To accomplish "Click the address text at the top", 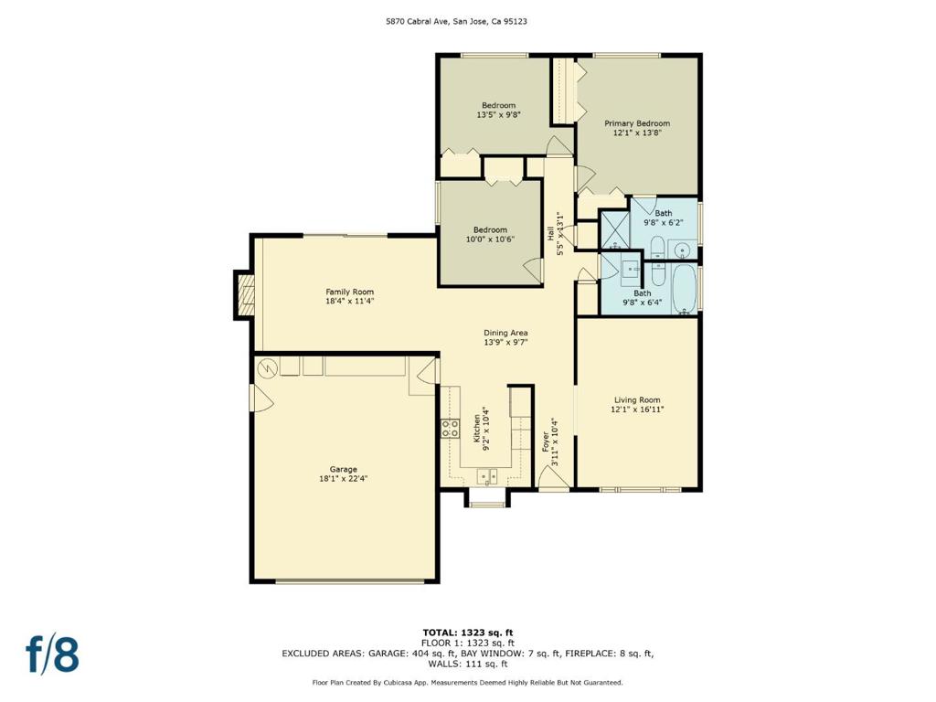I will (x=468, y=20).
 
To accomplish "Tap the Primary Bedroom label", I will (x=637, y=123).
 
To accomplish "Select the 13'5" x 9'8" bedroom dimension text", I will (x=498, y=115).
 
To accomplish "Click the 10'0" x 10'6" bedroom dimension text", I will (x=490, y=239).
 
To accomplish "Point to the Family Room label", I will (x=349, y=292).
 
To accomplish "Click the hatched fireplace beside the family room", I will (x=243, y=294).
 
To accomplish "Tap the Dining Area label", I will (x=505, y=333).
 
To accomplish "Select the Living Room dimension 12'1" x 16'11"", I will (x=637, y=409).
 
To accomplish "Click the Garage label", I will (x=344, y=469).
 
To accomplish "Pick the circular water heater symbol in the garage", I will (x=267, y=367).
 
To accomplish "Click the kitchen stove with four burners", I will (x=450, y=429).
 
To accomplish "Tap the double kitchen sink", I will (x=486, y=475).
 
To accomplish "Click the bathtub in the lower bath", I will (x=684, y=288).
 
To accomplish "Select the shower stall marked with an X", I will (x=614, y=229).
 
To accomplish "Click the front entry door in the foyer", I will (x=552, y=478).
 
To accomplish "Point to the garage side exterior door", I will (x=259, y=396).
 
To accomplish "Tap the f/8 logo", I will (x=52, y=654).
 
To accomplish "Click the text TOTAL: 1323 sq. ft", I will (x=468, y=633).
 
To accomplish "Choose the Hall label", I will (x=551, y=233).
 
